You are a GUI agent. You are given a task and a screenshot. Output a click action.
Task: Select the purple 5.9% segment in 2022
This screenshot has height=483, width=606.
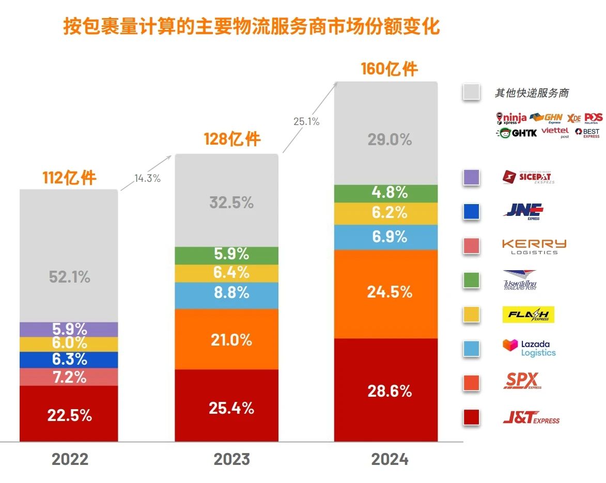(x=69, y=329)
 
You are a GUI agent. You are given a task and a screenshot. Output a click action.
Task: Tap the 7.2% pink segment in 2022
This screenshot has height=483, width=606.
(x=69, y=377)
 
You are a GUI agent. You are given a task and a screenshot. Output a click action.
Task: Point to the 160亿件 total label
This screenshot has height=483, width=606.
(x=389, y=69)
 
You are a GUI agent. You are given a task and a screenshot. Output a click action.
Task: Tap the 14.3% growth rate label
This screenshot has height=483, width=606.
(x=147, y=179)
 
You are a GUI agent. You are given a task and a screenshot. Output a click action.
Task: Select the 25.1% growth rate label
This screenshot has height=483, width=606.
(x=306, y=122)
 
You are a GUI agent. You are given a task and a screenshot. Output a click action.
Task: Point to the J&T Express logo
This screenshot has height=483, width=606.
(x=531, y=417)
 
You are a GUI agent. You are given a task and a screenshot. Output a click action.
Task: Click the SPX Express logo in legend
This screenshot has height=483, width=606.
(x=522, y=382)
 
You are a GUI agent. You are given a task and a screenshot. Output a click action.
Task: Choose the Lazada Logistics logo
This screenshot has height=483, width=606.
(x=529, y=348)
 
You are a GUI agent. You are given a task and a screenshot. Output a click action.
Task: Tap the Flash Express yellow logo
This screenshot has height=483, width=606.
(x=528, y=314)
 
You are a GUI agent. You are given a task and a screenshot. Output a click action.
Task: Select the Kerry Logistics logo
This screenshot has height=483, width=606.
(x=534, y=246)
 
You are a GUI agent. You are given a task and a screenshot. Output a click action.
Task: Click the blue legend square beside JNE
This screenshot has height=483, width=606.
(x=472, y=211)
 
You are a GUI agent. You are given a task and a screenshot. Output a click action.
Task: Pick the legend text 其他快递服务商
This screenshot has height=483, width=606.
(x=532, y=93)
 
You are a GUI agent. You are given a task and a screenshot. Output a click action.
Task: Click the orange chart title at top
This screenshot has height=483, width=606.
(x=252, y=27)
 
